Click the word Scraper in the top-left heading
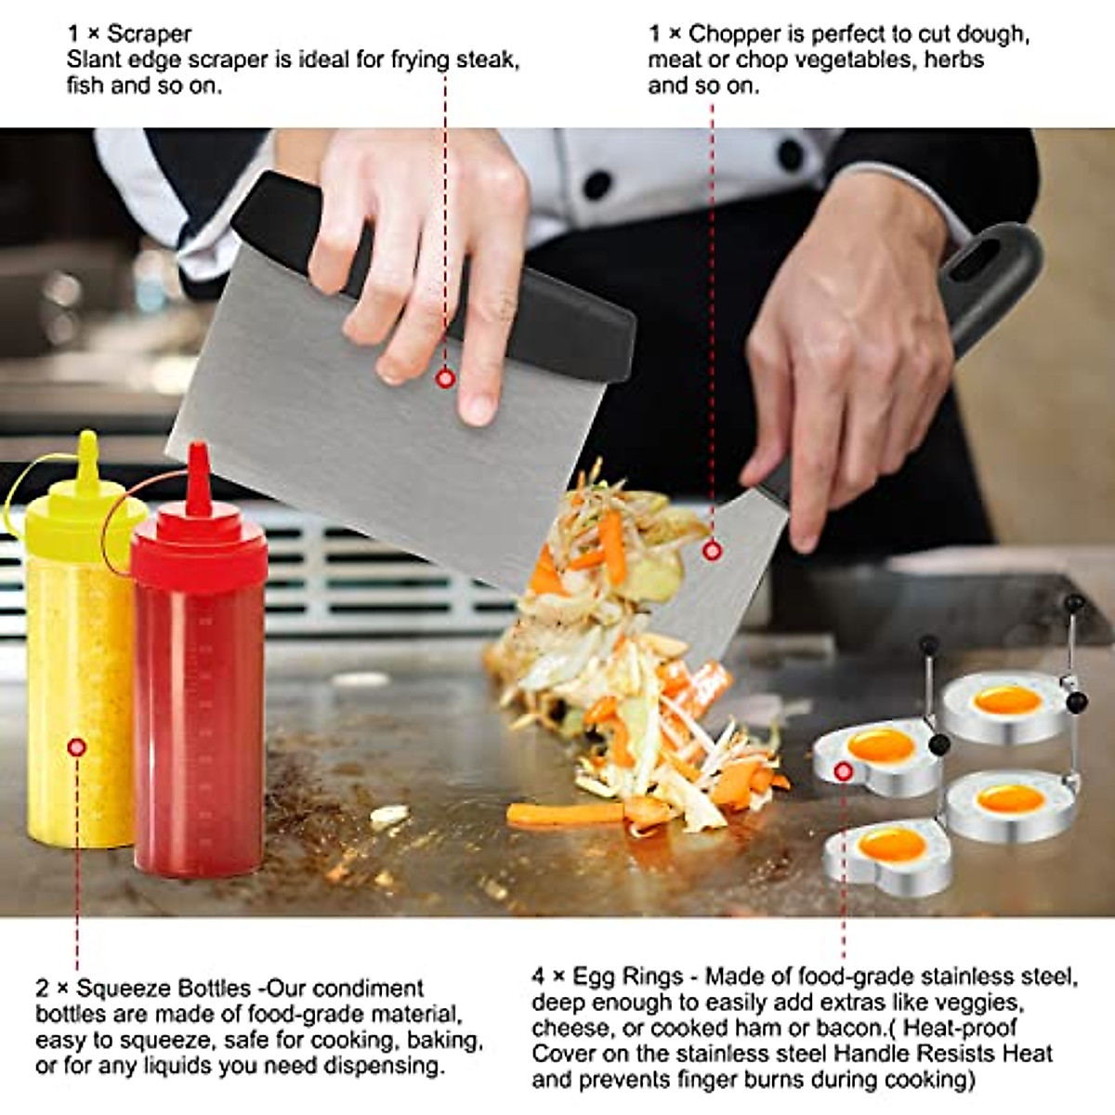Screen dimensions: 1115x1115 point(150,34)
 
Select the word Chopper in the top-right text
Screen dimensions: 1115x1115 point(735,34)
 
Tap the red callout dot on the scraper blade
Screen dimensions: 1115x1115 point(445,378)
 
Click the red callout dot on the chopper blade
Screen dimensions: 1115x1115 point(712,551)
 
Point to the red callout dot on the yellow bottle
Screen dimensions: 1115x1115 point(77,747)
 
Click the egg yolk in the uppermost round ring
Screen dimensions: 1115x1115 point(1006,700)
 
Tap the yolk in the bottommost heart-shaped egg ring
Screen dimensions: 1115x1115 point(891,845)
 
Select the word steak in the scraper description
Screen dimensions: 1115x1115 point(484,60)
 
